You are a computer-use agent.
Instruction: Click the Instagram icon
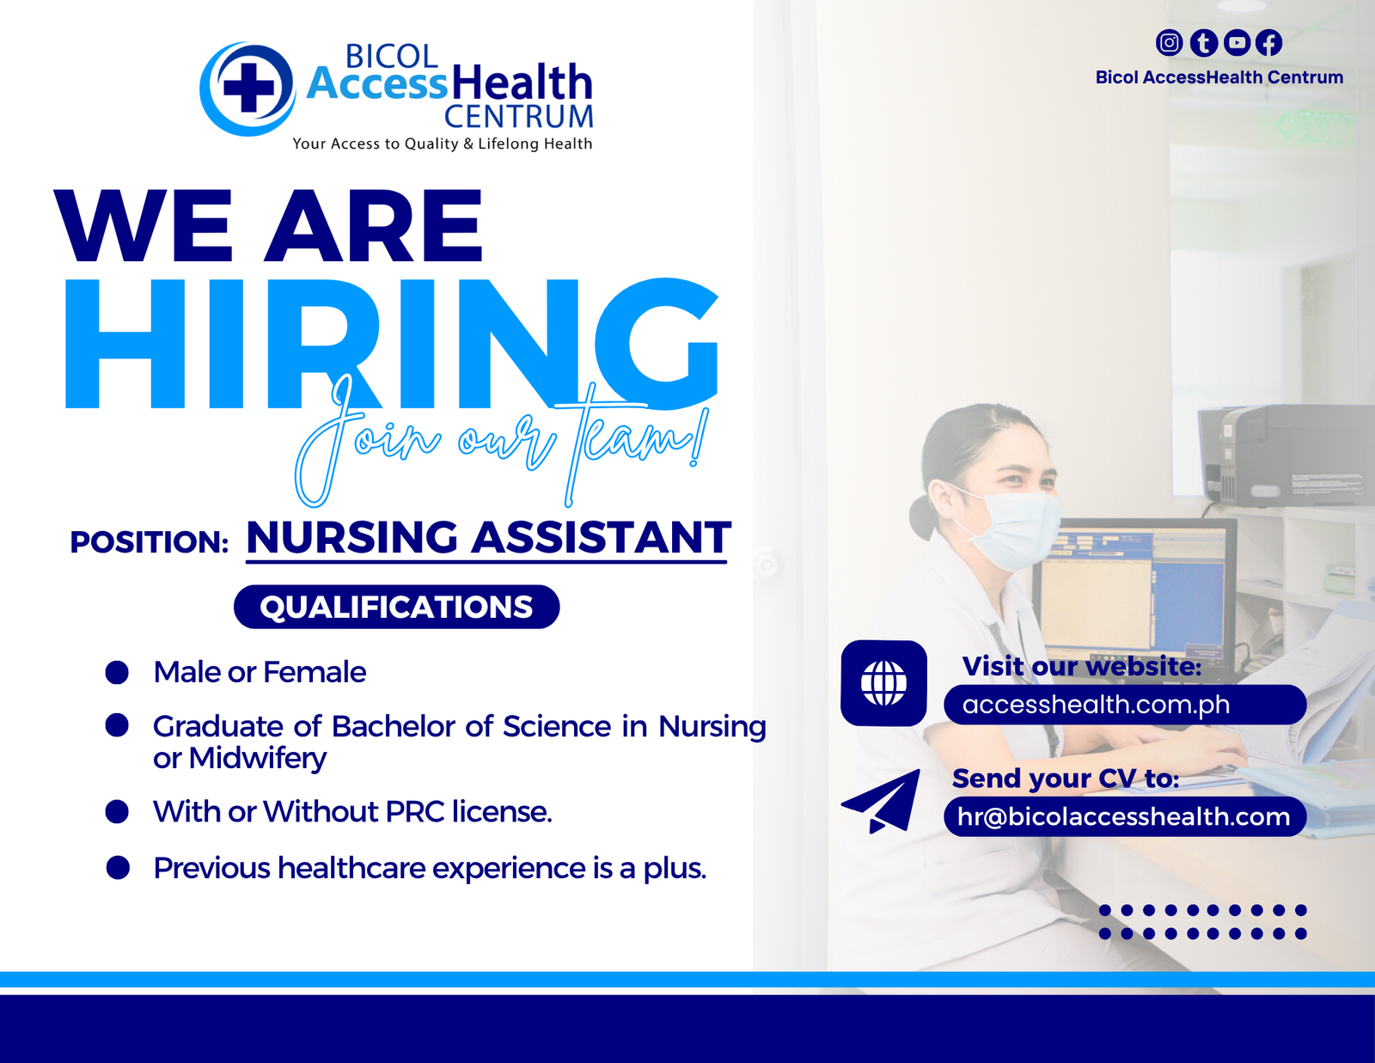[1169, 42]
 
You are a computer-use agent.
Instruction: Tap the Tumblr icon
[1203, 42]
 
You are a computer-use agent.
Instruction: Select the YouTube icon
[1237, 42]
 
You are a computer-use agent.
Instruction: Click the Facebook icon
[1268, 42]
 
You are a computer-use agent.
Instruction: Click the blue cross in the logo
[248, 88]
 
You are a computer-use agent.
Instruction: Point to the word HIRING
[392, 344]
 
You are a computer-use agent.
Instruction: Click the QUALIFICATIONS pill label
[397, 607]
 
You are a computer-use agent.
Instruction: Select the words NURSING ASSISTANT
[488, 537]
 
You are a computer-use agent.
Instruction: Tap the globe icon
[883, 683]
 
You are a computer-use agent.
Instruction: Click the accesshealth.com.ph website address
[1096, 705]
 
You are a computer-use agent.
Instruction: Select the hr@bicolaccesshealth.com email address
[1124, 817]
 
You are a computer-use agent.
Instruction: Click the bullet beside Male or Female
[117, 673]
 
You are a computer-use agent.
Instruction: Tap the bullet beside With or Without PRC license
[117, 812]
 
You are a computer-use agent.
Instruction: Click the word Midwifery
[258, 758]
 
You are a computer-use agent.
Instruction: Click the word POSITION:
[150, 542]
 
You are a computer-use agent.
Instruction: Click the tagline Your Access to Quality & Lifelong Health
[443, 144]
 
